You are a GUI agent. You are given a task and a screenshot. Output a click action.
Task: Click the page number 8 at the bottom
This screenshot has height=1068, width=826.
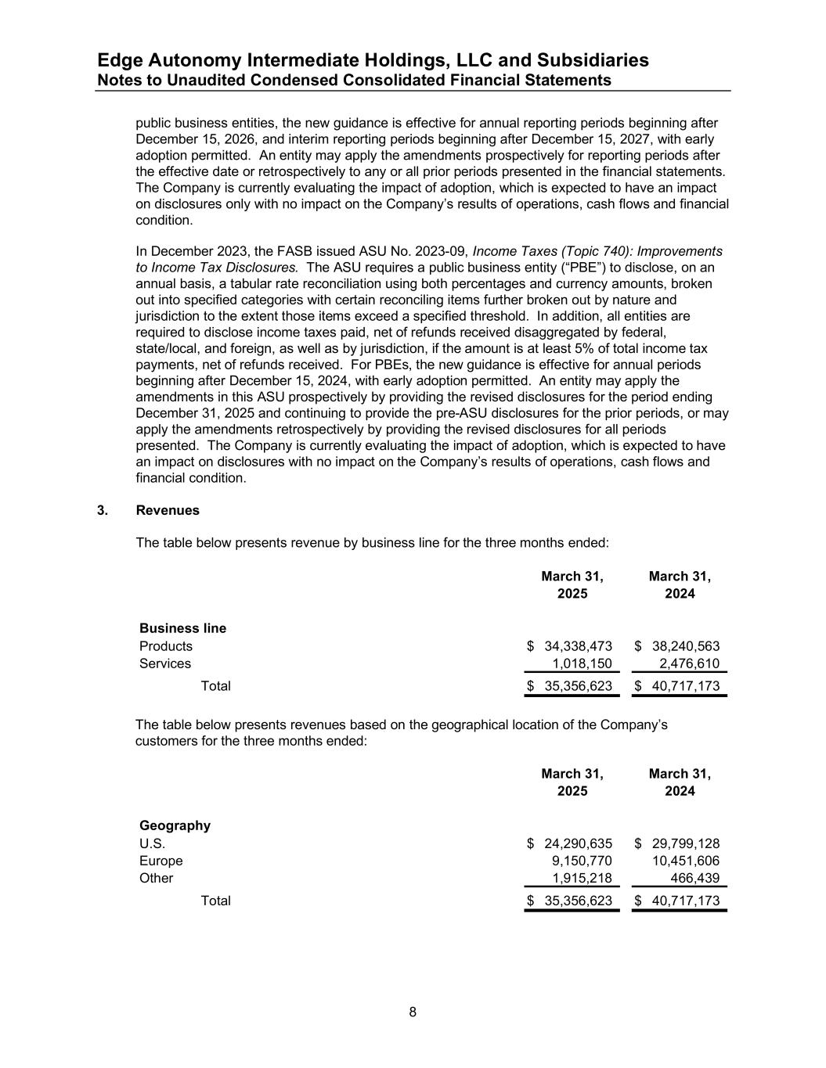point(413,1012)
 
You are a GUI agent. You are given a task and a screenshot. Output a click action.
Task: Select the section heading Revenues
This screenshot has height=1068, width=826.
point(168,510)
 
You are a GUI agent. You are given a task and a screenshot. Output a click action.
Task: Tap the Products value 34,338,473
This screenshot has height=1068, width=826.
point(578,646)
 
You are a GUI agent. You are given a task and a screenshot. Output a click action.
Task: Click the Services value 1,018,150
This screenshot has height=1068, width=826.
point(582,663)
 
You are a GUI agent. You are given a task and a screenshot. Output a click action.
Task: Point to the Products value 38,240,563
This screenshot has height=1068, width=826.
point(685,646)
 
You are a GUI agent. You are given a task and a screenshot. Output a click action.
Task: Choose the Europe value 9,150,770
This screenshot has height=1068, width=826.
point(582,861)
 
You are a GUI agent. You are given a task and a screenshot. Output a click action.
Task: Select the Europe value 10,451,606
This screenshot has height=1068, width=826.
point(685,861)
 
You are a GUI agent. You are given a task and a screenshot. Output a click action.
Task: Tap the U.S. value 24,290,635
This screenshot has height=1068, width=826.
point(578,843)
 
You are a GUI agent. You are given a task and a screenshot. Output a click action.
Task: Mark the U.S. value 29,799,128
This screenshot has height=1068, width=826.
point(685,843)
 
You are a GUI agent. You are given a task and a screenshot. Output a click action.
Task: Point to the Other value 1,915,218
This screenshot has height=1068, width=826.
point(582,878)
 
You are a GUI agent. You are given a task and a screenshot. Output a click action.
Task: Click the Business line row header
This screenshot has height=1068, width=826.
point(182,628)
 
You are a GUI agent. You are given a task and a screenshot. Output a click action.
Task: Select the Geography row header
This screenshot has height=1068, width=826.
point(175,825)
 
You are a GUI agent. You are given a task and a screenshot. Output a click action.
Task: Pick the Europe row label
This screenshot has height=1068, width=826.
point(161,861)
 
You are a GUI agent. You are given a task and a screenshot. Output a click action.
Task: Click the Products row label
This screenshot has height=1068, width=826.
point(165,646)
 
